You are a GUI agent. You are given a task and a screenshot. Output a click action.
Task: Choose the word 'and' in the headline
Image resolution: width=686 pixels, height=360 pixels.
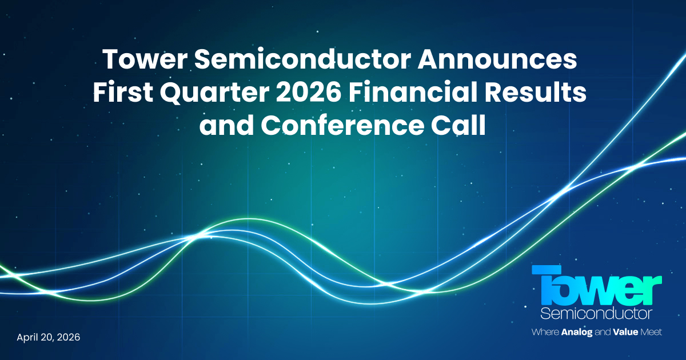[x=227, y=126]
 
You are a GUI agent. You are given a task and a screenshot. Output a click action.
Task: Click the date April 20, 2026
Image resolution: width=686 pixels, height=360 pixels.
[x=49, y=337]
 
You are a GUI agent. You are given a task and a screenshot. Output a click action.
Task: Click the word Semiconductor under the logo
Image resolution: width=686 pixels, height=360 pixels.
[x=596, y=314]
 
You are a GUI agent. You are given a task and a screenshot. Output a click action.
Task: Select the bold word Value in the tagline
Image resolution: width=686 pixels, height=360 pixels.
[x=629, y=332]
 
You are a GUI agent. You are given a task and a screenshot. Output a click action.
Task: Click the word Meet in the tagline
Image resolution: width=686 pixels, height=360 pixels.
[x=652, y=332]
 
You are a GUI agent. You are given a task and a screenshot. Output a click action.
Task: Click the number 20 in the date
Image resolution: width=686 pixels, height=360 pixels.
[x=47, y=337]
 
